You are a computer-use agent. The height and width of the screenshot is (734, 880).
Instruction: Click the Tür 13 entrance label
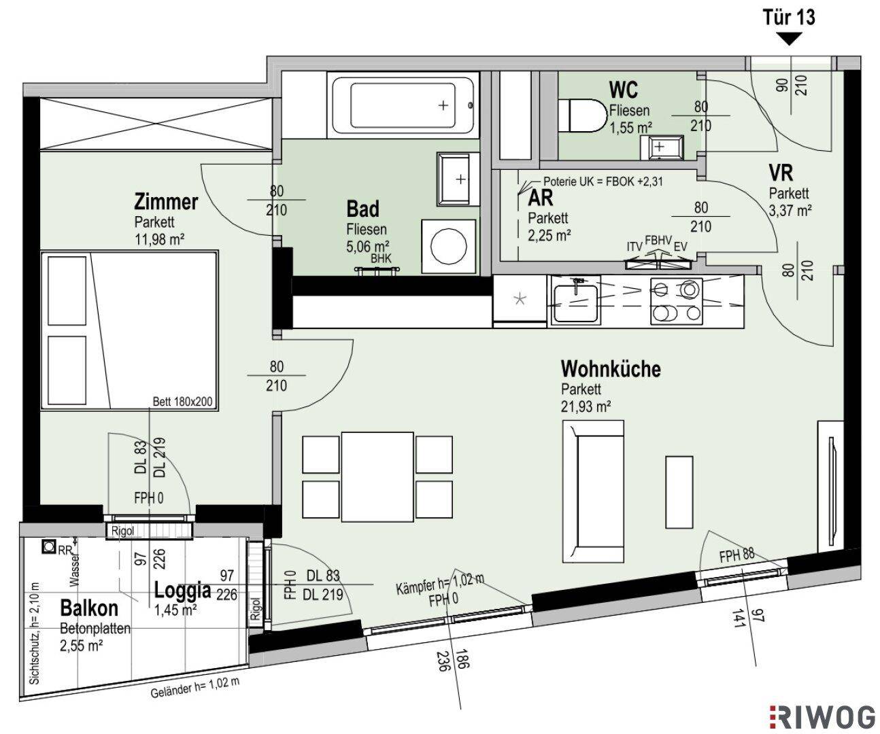coord(789,18)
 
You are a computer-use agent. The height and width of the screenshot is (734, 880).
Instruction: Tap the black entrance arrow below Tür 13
coord(790,39)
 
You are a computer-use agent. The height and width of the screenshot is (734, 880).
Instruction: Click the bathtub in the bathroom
coord(403,105)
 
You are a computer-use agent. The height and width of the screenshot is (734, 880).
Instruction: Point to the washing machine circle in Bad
coord(448,247)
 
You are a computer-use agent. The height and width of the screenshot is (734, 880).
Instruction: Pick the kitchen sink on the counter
coord(575,303)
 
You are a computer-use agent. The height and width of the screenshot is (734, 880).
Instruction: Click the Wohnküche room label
coord(611,369)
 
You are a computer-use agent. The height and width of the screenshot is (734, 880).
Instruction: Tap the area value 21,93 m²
coord(586,406)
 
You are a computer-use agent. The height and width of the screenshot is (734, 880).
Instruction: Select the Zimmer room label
coord(166,202)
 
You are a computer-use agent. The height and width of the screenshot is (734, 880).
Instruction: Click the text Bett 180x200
coord(182,401)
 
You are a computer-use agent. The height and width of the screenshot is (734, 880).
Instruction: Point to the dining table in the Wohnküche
coord(377,477)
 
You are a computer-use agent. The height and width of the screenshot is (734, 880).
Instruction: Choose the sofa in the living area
coord(594,491)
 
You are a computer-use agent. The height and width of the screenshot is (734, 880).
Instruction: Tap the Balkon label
coord(89,608)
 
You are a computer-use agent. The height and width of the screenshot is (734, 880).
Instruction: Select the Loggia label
coord(182,590)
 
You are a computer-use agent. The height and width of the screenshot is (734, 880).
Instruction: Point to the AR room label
coord(541,198)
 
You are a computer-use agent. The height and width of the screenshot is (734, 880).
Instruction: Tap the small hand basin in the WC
coord(661,147)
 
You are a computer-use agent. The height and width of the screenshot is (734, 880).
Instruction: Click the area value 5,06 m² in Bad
coord(367,246)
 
